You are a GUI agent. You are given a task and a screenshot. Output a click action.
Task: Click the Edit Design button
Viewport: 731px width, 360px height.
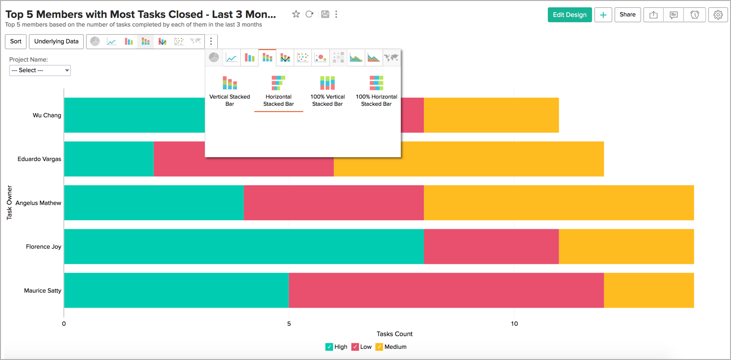click(570, 15)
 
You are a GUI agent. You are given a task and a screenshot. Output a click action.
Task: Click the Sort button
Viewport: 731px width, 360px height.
click(16, 42)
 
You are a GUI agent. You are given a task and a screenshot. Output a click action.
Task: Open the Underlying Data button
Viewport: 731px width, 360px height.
click(56, 42)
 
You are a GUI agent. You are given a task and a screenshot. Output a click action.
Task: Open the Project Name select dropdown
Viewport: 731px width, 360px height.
click(40, 71)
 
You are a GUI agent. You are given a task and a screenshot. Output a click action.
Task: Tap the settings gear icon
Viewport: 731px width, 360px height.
click(718, 15)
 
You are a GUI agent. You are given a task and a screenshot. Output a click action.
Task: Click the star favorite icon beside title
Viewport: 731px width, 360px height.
click(296, 14)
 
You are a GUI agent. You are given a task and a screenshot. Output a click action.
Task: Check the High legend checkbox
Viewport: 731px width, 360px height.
click(329, 347)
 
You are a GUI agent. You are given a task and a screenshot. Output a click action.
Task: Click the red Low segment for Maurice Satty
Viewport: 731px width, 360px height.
click(446, 290)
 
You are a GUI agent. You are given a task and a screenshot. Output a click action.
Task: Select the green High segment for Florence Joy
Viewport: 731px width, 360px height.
click(244, 247)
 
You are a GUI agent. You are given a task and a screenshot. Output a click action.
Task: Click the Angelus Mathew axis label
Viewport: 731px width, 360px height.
click(38, 203)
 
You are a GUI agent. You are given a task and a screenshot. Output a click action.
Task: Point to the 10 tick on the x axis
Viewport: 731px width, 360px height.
click(514, 324)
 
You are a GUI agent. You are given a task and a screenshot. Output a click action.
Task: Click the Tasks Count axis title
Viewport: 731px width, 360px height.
click(395, 334)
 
